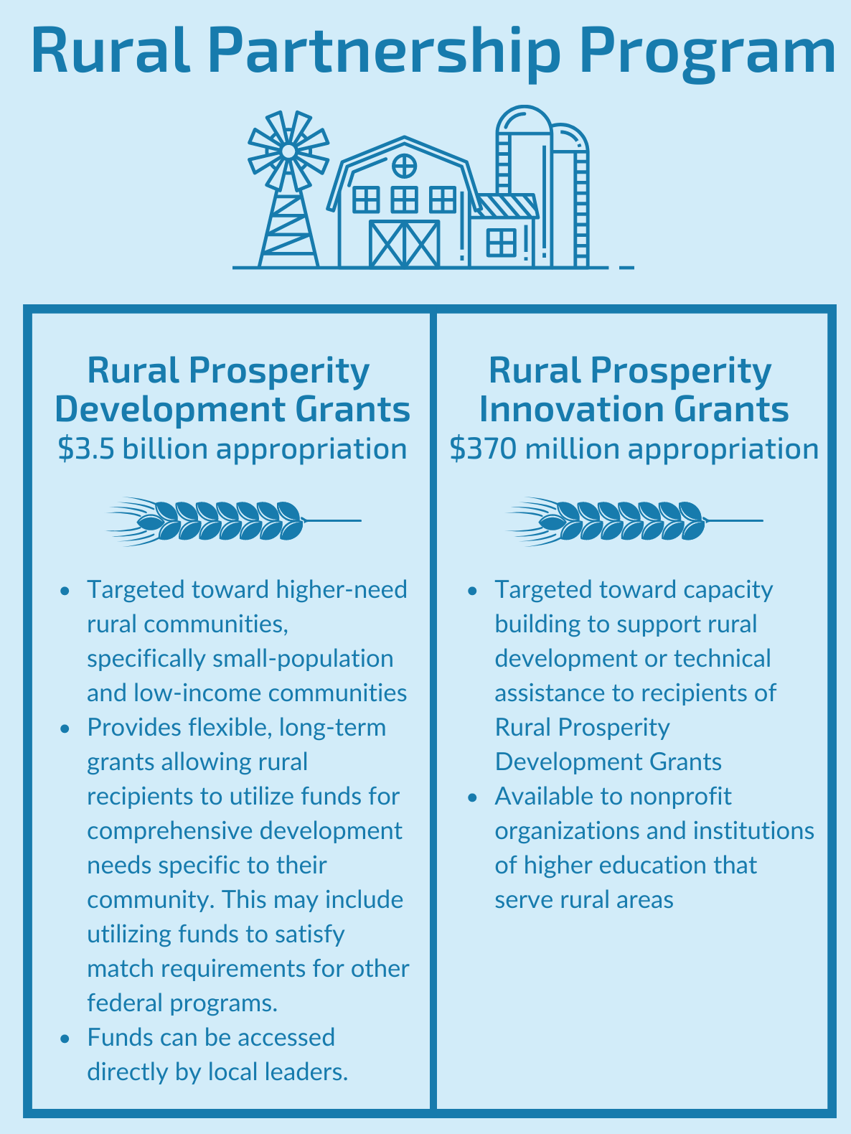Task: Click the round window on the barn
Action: tap(405, 167)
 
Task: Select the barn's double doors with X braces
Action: tap(405, 244)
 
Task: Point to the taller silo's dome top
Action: tap(523, 119)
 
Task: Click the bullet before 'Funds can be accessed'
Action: tap(66, 1039)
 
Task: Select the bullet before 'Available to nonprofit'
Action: tap(472, 797)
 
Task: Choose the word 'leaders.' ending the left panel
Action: tap(313, 1072)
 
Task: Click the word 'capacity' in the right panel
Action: tap(728, 590)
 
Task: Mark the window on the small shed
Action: tap(502, 243)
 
